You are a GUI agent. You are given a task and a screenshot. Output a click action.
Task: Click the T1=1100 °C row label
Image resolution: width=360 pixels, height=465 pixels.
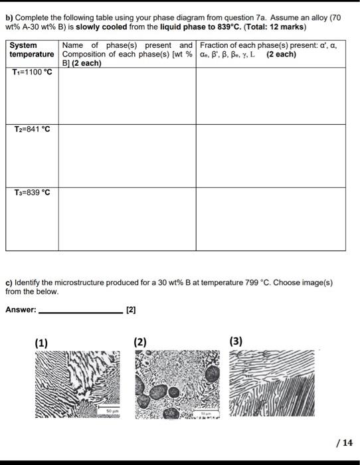33,73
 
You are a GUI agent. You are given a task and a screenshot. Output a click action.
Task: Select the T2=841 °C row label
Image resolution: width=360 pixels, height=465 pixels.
33,130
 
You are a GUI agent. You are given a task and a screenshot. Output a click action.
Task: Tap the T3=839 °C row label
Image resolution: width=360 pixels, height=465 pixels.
33,193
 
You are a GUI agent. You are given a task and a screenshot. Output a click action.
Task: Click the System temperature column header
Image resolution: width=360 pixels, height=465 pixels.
32,50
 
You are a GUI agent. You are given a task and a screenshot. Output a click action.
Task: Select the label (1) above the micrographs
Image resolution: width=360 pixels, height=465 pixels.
41,343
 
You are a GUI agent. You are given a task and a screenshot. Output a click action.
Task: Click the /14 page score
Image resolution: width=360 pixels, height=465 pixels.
346,442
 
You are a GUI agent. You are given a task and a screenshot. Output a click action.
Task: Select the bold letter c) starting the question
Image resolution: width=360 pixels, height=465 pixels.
9,282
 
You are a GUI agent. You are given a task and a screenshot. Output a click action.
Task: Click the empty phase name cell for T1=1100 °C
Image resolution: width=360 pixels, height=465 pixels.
126,96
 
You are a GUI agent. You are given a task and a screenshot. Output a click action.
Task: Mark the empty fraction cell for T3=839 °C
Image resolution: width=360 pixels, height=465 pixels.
270,219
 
